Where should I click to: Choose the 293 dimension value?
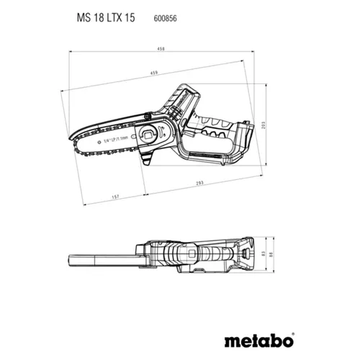click(197, 184)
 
